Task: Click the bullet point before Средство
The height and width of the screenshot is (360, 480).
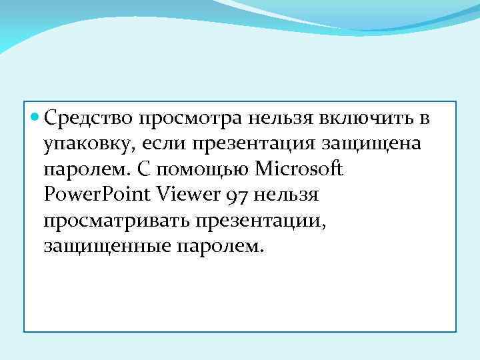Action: point(35,119)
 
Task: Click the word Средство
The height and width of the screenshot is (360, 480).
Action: point(89,119)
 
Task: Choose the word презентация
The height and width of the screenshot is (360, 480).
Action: point(254,144)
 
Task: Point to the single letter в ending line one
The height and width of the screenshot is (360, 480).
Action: point(423,119)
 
